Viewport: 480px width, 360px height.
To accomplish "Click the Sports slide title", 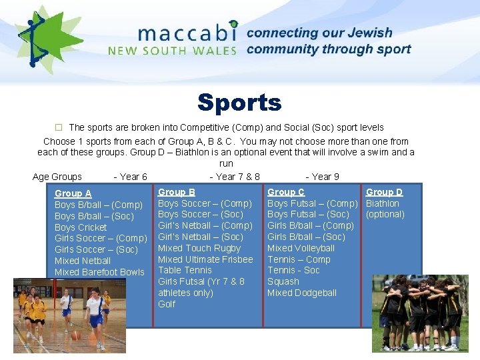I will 239,103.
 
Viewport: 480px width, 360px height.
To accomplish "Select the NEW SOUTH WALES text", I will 173,50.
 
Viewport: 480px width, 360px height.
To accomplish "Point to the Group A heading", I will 73,193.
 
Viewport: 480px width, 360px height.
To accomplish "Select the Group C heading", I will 286,192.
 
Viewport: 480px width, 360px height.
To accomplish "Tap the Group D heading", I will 384,192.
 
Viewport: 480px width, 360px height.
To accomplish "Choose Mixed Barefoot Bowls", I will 99,272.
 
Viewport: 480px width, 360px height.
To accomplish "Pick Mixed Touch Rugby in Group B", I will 199,248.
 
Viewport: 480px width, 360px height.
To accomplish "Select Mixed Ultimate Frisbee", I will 205,259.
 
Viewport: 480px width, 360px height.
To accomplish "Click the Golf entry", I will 167,304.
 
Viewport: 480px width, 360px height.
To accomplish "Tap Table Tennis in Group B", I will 185,270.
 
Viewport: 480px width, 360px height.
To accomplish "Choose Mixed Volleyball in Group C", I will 301,248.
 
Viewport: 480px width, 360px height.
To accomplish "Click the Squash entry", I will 283,281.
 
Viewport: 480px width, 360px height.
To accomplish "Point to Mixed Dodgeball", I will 301,293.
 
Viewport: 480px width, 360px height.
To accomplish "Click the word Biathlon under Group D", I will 383,203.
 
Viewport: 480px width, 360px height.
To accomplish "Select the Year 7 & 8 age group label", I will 235,177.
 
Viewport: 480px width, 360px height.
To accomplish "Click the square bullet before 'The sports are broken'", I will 58,127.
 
